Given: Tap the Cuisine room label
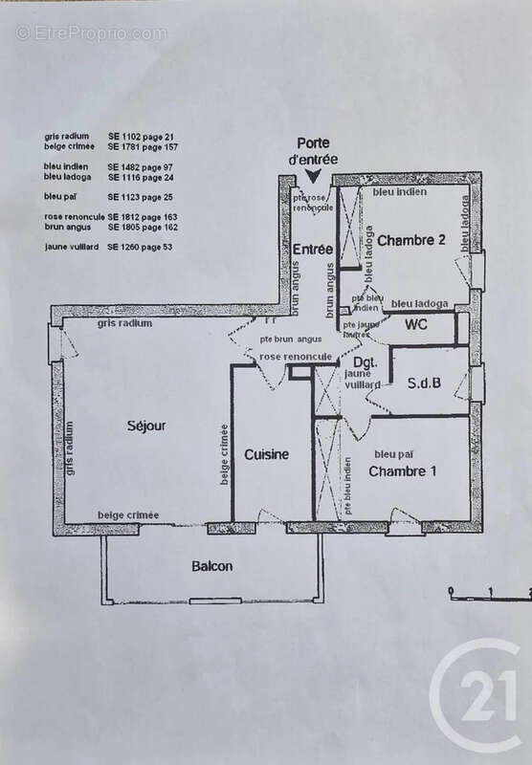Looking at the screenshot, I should click(266, 454).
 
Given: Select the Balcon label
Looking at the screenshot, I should click(211, 566).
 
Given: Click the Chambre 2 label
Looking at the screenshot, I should click(411, 240).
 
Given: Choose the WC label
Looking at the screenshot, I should click(416, 325).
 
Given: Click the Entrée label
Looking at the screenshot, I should click(306, 250).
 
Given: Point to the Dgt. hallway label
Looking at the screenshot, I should click(363, 364).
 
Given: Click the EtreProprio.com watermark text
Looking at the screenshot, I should click(91, 33).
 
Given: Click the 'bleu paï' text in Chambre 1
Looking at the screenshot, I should click(392, 453).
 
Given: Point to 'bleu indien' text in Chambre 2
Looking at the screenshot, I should click(399, 192).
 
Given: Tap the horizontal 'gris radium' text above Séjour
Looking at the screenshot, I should click(124, 325).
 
